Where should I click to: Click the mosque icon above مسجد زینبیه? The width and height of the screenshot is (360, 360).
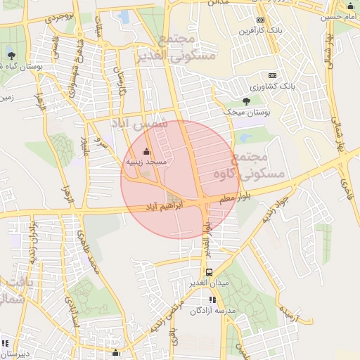(x=146, y=151)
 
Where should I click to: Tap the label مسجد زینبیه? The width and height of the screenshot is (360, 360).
(x=146, y=162)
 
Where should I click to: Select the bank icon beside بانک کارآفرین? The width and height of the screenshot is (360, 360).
(x=261, y=20)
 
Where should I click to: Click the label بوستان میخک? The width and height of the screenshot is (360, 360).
(x=241, y=112)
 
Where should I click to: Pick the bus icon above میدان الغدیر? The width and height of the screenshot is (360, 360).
(x=209, y=272)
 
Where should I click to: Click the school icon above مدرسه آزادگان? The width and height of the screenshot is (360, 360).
(x=213, y=300)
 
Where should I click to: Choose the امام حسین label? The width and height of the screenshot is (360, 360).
(x=342, y=15)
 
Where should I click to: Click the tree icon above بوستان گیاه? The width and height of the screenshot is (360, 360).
(x=11, y=54)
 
